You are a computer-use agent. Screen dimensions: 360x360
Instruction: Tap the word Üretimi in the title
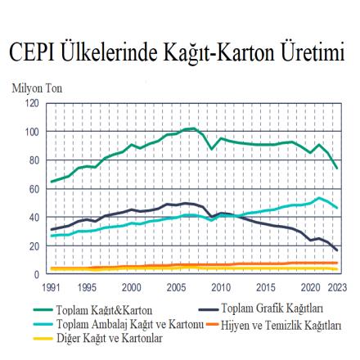pyautogui.click(x=313, y=52)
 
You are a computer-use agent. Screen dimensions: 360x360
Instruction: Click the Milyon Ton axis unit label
pyautogui.click(x=37, y=88)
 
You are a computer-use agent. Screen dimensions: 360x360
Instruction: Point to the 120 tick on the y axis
pyautogui.click(x=32, y=103)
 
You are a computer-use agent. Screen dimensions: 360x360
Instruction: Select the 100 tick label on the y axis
pyautogui.click(x=32, y=132)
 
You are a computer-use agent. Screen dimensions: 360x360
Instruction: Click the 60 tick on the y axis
pyautogui.click(x=34, y=189)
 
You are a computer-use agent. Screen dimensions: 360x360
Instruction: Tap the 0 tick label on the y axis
pyautogui.click(x=37, y=274)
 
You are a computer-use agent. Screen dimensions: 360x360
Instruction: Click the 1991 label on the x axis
pyautogui.click(x=52, y=287)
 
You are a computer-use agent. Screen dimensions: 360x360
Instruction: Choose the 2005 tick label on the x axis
pyautogui.click(x=176, y=287)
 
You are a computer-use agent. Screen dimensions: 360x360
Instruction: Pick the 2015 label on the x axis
pyautogui.click(x=266, y=287)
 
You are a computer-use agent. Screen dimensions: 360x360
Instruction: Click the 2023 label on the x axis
pyautogui.click(x=337, y=287)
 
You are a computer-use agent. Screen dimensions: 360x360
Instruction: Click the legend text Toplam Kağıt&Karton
pyautogui.click(x=104, y=310)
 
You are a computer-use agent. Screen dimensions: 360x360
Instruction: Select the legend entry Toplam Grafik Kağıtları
pyautogui.click(x=272, y=308)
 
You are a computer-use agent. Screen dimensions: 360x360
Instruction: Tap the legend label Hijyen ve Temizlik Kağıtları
pyautogui.click(x=281, y=325)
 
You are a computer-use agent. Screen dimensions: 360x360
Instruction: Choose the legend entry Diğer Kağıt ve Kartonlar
pyautogui.click(x=110, y=338)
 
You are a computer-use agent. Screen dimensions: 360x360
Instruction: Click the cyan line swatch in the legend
pyautogui.click(x=43, y=324)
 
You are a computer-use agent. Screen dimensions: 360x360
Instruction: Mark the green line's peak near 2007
pyautogui.click(x=194, y=128)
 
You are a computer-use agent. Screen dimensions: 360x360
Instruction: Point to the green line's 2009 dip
pyautogui.click(x=212, y=149)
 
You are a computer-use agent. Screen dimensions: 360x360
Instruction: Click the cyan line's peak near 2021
pyautogui.click(x=319, y=198)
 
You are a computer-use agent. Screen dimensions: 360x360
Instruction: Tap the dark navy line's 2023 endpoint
pyautogui.click(x=337, y=250)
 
